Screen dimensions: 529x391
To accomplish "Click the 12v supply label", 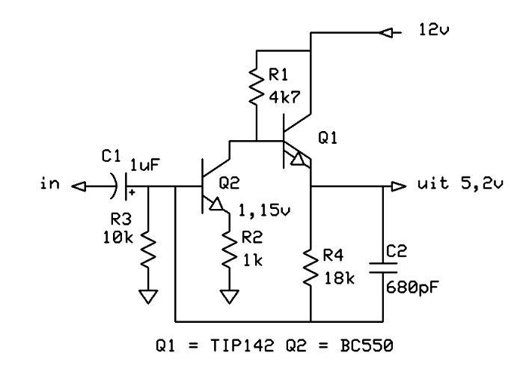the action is [x=434, y=30].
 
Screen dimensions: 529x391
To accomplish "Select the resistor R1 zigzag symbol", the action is [x=257, y=86].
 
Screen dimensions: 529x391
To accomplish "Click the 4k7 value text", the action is [x=284, y=97].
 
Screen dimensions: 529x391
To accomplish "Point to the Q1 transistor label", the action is [x=328, y=138].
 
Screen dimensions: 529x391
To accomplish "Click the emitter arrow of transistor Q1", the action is [x=298, y=159].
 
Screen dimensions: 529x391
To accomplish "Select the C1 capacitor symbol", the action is [x=120, y=186].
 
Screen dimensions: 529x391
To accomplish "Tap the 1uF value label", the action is [x=145, y=165].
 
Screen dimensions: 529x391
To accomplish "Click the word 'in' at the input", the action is [x=49, y=184].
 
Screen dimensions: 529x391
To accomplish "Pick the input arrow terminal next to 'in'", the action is [x=79, y=186].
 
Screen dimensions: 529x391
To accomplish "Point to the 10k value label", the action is [x=118, y=237].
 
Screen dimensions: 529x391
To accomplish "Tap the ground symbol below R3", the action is [x=148, y=297].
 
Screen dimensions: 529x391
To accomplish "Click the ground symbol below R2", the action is [x=230, y=297].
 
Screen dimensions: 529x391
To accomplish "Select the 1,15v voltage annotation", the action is [x=264, y=210].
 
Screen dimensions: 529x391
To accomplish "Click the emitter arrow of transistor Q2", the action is [x=216, y=204].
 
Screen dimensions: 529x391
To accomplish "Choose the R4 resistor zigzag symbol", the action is [x=311, y=267].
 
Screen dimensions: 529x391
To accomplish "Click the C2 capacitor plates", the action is [x=383, y=267].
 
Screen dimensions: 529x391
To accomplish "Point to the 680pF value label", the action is [x=412, y=288].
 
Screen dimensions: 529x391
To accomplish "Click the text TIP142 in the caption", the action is [x=242, y=346].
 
